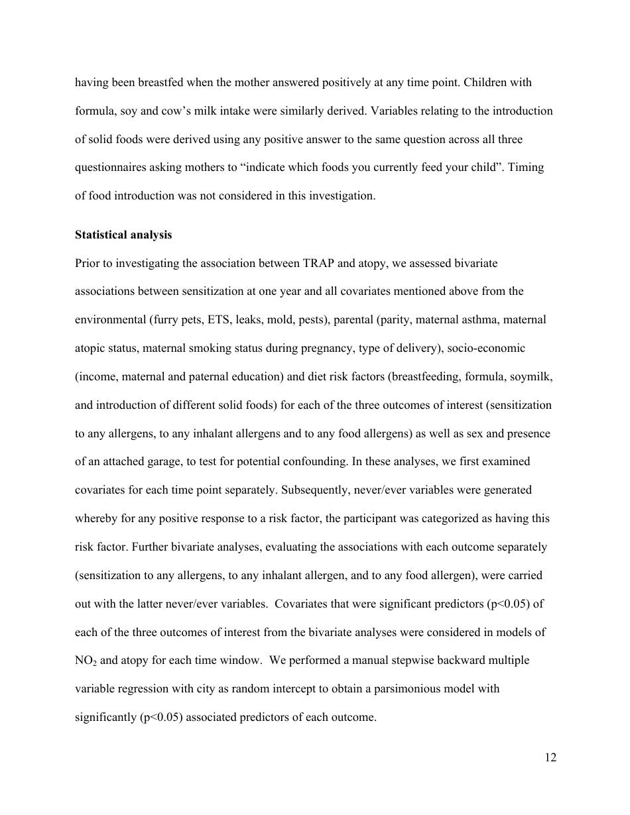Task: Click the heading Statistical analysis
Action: coord(123,235)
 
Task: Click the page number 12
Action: coord(550,758)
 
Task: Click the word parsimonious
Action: coord(399,688)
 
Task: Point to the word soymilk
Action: coord(533,376)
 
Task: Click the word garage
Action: coord(160,461)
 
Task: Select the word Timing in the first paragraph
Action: coord(527,168)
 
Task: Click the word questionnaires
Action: coord(112,168)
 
